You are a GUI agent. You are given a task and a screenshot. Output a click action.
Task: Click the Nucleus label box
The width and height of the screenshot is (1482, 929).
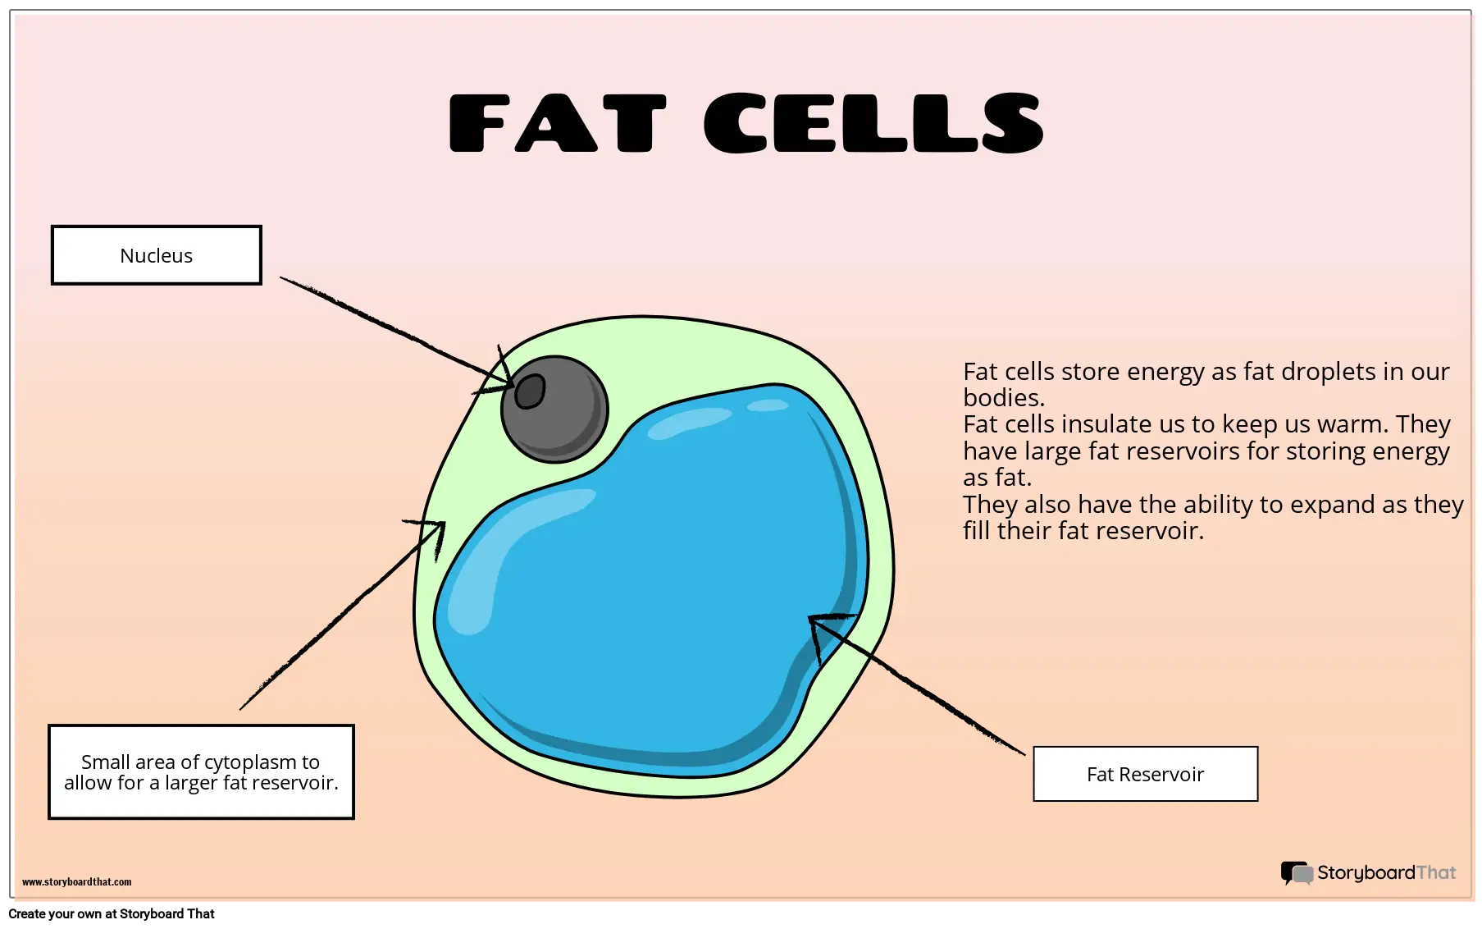click(157, 255)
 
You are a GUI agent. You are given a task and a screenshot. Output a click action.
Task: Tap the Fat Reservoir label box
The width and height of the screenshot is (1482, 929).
click(1145, 774)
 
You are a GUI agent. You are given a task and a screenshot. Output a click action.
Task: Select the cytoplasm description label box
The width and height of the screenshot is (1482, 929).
click(201, 771)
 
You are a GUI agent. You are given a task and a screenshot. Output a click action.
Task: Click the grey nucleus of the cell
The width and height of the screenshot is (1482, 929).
click(554, 409)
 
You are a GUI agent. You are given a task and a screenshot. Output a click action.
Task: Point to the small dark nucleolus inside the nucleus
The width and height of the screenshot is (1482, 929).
click(530, 391)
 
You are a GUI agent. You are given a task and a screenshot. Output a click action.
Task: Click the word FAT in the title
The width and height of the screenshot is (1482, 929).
click(558, 123)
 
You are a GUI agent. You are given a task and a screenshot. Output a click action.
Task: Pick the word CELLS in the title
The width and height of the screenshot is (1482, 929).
click(873, 122)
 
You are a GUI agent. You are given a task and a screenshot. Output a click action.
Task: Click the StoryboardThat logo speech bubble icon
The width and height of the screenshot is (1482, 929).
click(1297, 873)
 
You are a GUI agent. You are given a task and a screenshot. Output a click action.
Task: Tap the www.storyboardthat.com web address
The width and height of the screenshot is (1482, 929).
click(76, 882)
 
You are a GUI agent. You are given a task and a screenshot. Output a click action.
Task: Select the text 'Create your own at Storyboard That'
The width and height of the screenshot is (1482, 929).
click(112, 914)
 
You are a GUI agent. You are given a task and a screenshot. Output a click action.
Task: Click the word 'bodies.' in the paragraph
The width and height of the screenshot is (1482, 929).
click(1004, 398)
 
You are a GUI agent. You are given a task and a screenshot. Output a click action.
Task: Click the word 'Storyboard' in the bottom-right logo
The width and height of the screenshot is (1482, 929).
click(1366, 873)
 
